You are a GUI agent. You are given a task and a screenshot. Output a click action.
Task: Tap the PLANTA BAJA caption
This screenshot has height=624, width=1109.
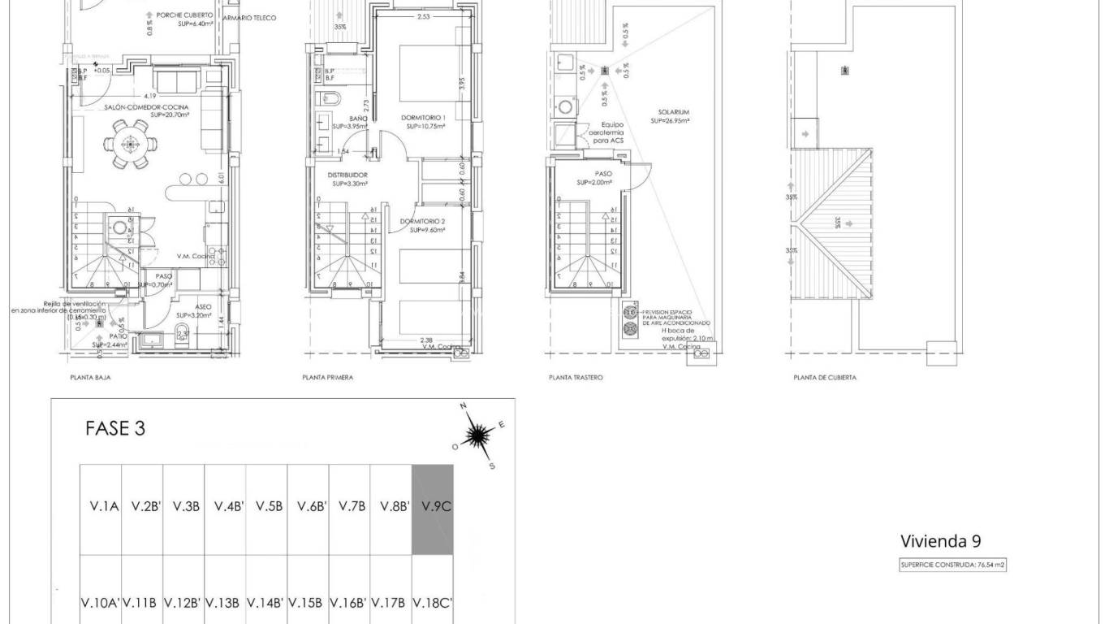pos(90,378)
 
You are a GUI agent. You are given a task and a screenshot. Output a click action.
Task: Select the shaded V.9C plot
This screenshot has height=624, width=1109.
pos(433,509)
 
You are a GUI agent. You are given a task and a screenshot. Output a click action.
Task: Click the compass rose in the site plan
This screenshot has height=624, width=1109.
pos(480,436)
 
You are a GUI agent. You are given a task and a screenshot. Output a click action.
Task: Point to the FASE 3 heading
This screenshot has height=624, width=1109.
pos(115,429)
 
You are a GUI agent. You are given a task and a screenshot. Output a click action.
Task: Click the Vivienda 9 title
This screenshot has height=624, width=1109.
pos(946,541)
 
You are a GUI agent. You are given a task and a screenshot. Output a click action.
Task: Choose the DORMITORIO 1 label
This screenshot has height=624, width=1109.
pos(424,118)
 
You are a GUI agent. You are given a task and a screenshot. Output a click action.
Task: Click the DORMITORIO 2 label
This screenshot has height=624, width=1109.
pos(423,221)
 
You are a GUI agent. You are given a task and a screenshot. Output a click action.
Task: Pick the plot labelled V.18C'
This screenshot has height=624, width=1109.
pos(433,603)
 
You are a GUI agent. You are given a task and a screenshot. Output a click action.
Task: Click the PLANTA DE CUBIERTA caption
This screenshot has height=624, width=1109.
pos(824,378)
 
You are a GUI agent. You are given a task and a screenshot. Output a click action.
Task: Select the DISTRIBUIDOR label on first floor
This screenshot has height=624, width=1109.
pos(347,175)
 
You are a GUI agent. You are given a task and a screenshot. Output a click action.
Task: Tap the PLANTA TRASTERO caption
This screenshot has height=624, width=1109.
pos(576,378)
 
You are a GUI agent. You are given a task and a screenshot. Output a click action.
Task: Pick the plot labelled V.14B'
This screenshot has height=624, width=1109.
pos(266,603)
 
